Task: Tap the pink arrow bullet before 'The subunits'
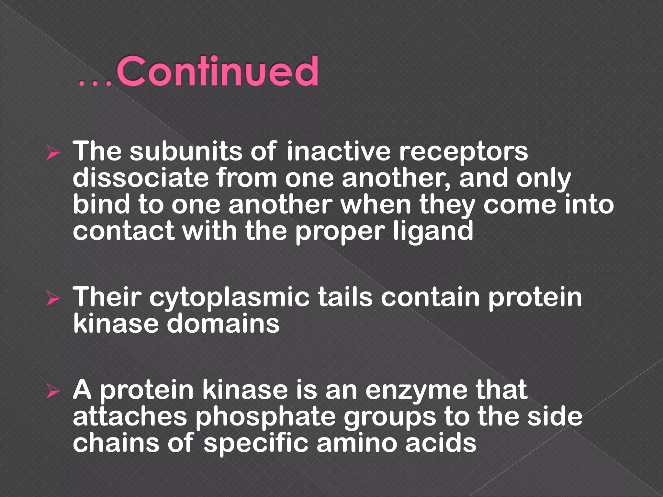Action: point(52,152)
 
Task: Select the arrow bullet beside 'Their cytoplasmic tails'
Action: point(52,298)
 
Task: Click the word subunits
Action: point(186,151)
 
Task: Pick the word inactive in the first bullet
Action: point(338,151)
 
